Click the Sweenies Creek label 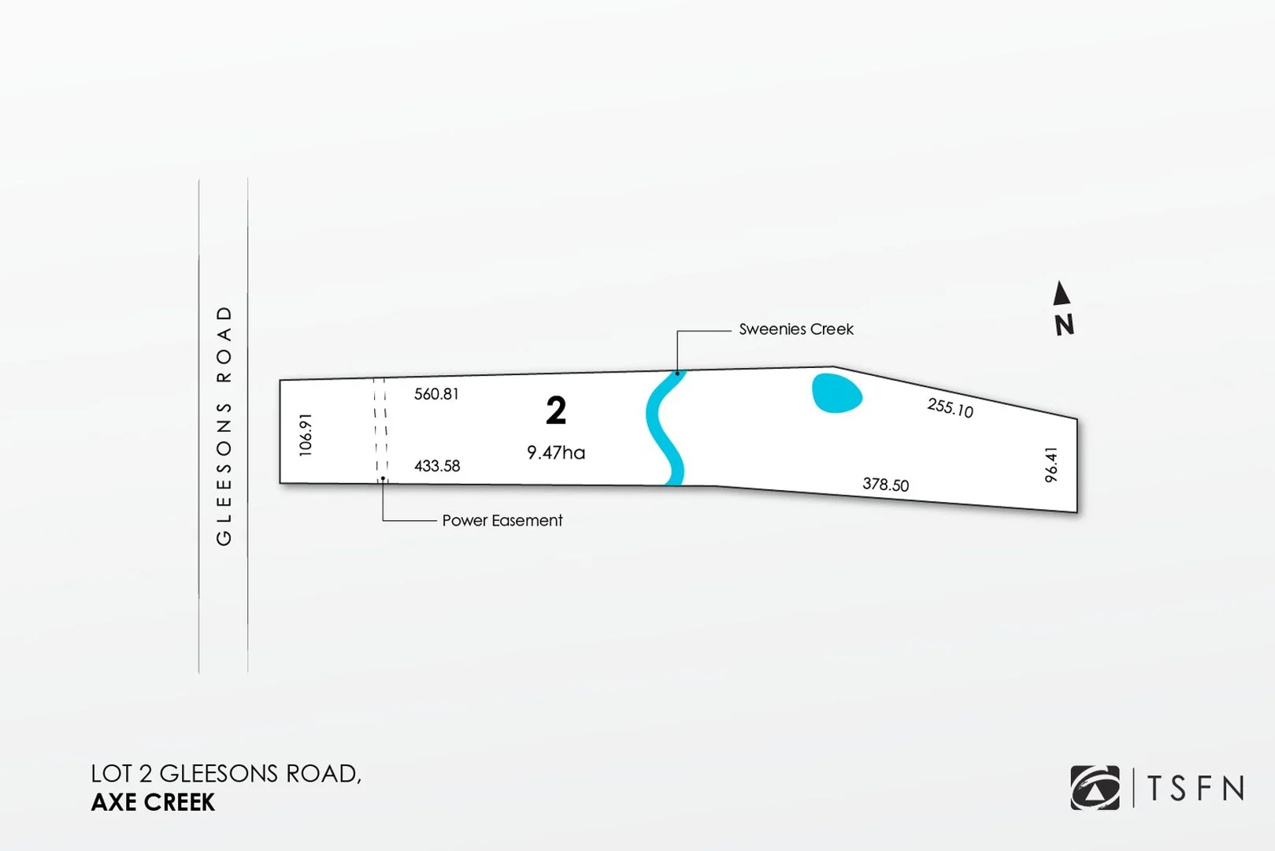pyautogui.click(x=795, y=329)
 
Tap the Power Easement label pyautogui.click(x=502, y=520)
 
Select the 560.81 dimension pyautogui.click(x=436, y=394)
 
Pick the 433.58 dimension pyautogui.click(x=437, y=466)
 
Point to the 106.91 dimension pyautogui.click(x=306, y=434)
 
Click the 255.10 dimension pyautogui.click(x=950, y=407)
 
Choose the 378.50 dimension pyautogui.click(x=885, y=484)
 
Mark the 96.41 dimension pyautogui.click(x=1051, y=465)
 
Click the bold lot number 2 pyautogui.click(x=556, y=411)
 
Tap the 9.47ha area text pyautogui.click(x=556, y=452)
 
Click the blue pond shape pyautogui.click(x=836, y=393)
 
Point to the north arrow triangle pyautogui.click(x=1062, y=294)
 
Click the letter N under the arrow pyautogui.click(x=1064, y=325)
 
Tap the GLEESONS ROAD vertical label pyautogui.click(x=224, y=425)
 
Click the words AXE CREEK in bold pyautogui.click(x=153, y=802)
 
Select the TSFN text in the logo pyautogui.click(x=1195, y=788)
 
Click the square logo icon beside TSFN pyautogui.click(x=1095, y=788)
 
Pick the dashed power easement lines pyautogui.click(x=380, y=429)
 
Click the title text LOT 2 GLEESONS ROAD pyautogui.click(x=226, y=774)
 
